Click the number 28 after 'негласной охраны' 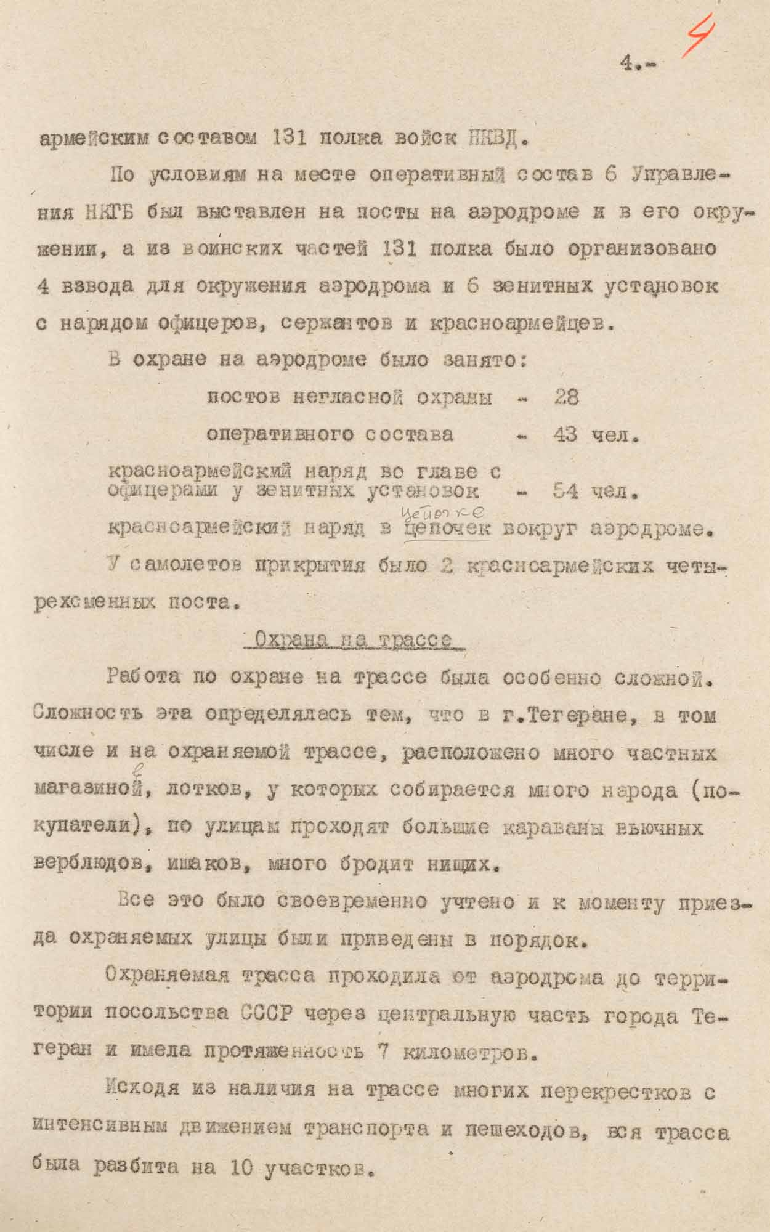566,397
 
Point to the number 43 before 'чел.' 565,435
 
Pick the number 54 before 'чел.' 565,491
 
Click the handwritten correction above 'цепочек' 442,512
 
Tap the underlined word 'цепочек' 447,529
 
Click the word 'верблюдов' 92,864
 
